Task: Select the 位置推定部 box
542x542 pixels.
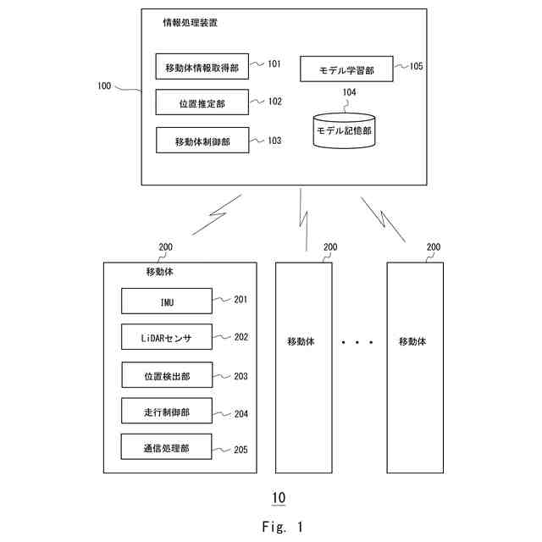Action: [x=202, y=102]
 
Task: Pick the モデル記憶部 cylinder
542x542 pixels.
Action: [x=344, y=131]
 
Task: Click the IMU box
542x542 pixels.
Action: [x=165, y=300]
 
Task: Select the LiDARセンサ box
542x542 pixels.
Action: [x=166, y=337]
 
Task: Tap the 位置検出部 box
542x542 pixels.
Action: [x=166, y=375]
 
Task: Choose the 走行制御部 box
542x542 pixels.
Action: [x=166, y=412]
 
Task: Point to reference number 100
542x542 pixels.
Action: [x=104, y=86]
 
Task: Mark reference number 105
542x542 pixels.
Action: [x=416, y=65]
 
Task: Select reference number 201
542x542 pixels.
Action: [x=241, y=299]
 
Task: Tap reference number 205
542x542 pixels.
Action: [x=241, y=449]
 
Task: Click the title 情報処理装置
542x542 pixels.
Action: [x=190, y=24]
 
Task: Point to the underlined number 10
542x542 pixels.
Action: [x=279, y=496]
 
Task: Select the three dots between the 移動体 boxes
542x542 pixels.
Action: [x=357, y=342]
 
